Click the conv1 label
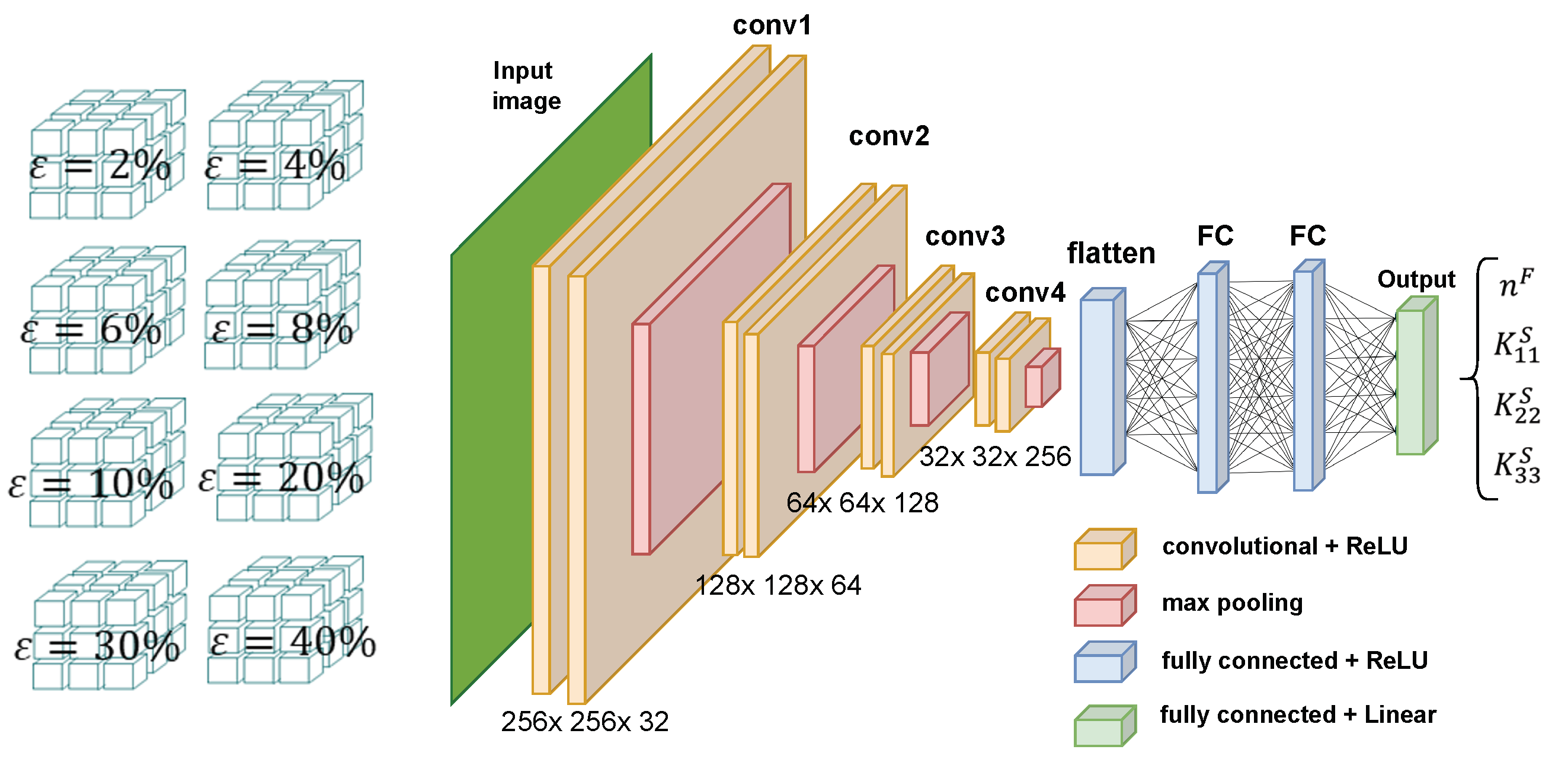coord(772,25)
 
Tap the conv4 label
coord(1025,293)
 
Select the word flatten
coord(1111,253)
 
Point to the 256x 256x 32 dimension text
coord(584,722)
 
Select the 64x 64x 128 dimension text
coord(862,503)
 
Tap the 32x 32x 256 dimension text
coord(995,457)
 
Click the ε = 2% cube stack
coord(105,154)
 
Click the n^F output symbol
coord(1515,284)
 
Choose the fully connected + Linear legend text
coord(1298,715)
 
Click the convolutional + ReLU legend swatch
coord(1103,550)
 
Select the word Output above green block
coord(1416,279)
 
